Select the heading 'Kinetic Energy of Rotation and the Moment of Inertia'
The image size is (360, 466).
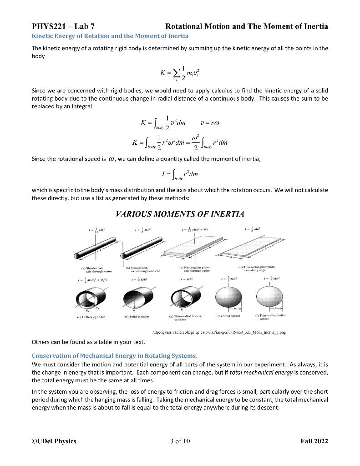click(x=110, y=36)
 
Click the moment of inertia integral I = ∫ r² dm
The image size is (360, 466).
click(x=180, y=175)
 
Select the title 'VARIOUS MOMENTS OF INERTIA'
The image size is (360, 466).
click(x=180, y=214)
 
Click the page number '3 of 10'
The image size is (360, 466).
click(x=180, y=441)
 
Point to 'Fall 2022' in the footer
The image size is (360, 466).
click(x=314, y=441)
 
